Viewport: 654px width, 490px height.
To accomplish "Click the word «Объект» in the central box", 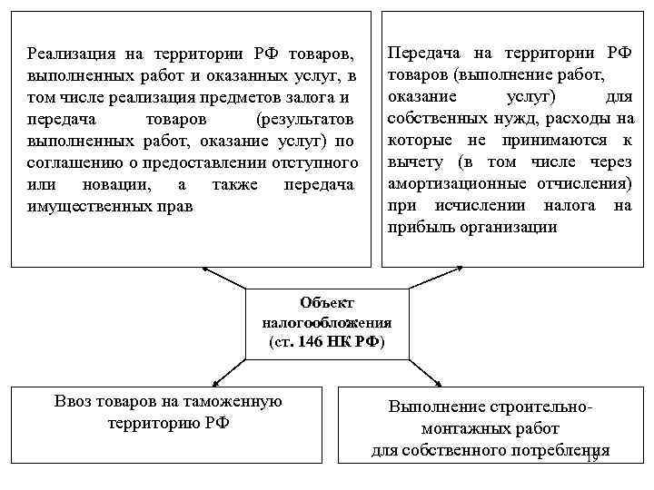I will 326,303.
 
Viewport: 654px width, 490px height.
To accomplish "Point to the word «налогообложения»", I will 326,322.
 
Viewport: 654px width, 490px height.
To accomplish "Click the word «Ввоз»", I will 72,401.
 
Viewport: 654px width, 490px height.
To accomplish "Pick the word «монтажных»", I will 462,429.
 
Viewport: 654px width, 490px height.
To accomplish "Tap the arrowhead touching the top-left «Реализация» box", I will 203,269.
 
